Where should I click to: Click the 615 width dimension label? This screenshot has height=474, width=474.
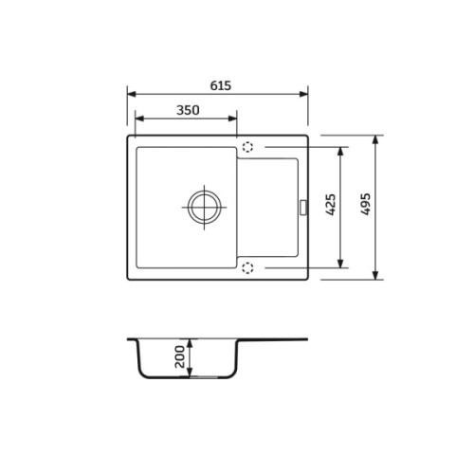click(x=221, y=85)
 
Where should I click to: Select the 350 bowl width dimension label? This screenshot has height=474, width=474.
click(x=188, y=110)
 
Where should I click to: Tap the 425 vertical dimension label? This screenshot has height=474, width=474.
click(x=331, y=205)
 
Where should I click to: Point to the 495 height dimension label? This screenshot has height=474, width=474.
click(x=366, y=204)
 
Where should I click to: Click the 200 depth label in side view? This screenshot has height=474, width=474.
click(x=179, y=356)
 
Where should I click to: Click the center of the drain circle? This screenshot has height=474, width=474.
click(x=204, y=208)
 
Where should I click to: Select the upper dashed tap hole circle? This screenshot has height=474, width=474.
click(x=247, y=147)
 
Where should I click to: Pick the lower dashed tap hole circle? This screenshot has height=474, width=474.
click(x=247, y=267)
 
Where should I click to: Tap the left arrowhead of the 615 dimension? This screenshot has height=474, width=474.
click(x=132, y=94)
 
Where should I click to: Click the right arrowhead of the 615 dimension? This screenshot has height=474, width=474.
click(x=303, y=94)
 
